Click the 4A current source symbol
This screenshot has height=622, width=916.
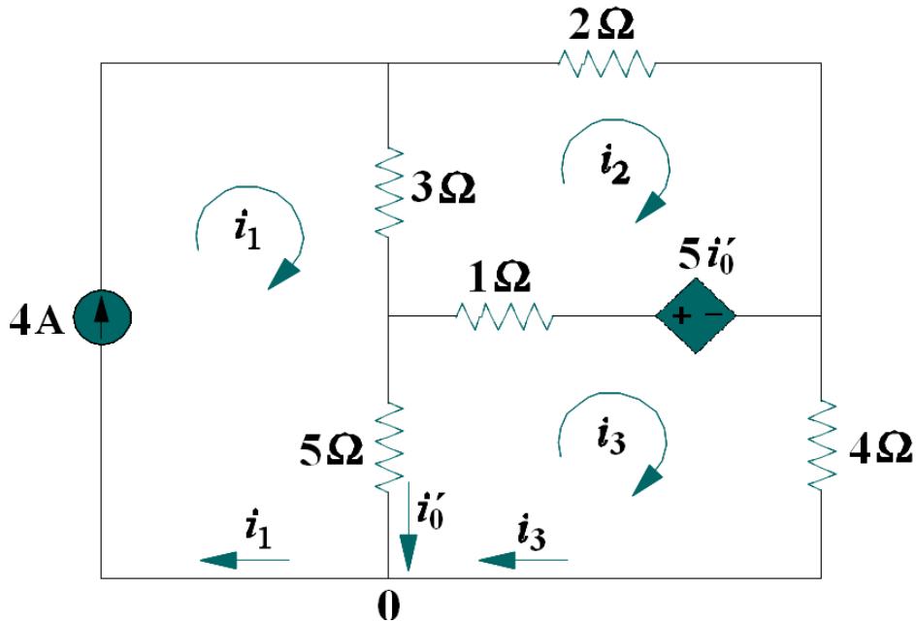point(102,316)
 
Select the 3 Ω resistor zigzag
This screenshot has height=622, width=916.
point(388,192)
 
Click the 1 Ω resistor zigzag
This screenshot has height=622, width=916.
point(505,316)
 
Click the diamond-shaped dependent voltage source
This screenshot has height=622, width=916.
point(696,316)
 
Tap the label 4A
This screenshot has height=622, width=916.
point(36,321)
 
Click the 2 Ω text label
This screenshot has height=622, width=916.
point(604,25)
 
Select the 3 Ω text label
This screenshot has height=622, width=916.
point(442,190)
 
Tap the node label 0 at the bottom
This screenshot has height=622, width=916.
point(388,604)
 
